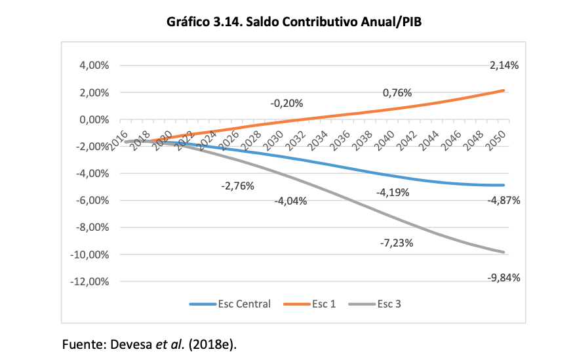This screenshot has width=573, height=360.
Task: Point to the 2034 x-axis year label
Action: (319, 138)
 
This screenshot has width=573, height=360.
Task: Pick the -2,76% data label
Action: (237, 186)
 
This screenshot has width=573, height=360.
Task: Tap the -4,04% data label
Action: (290, 201)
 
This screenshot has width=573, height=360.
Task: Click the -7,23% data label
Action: (397, 243)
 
